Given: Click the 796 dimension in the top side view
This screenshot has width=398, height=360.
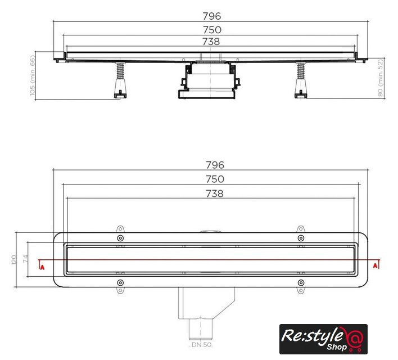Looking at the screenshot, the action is coord(212,16).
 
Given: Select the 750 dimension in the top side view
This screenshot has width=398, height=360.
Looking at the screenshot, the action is coord(212,30).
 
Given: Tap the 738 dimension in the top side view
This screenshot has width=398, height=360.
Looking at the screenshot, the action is coord(211,42).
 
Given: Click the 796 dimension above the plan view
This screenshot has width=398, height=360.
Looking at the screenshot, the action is coord(215,165).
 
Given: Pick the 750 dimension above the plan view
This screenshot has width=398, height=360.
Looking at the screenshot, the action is coord(215,179).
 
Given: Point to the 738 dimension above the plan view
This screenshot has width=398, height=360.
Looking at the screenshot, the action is coord(215,193).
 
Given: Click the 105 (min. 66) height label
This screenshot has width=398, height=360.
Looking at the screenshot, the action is coord(32,76).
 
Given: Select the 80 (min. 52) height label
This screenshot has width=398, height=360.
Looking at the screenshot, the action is coord(380,78).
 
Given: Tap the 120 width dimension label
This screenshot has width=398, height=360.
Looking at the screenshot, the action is coord(14,260).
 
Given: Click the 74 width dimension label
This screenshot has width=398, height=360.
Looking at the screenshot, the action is coord(25,259).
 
